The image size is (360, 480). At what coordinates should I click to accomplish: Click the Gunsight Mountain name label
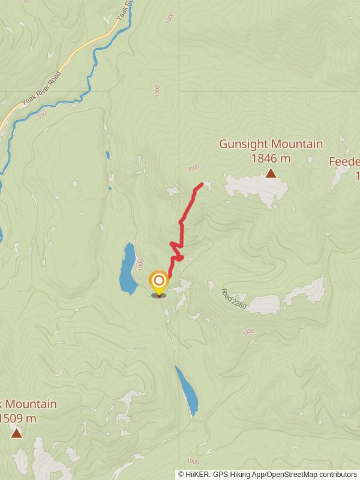coord(271,145)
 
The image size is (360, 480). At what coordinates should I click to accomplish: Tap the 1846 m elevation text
coord(271,158)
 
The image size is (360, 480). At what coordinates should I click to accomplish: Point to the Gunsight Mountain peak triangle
coord(271,173)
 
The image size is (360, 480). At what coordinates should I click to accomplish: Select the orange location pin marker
coord(158,282)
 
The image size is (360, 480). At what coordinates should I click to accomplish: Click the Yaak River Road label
coord(41,89)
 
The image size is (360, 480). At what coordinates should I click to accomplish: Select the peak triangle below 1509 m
coord(16,433)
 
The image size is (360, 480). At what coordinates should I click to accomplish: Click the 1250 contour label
coord(249,331)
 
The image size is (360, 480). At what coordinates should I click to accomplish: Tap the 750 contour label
coord(42,115)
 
